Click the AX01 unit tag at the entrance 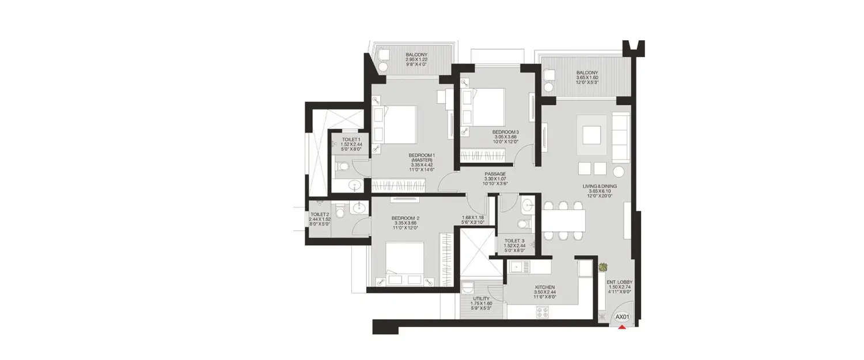coord(622,317)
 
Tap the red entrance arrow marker coord(622,328)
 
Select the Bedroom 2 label coord(405,223)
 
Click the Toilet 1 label coord(351,144)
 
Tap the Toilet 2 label coord(319,219)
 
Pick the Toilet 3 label coord(514,245)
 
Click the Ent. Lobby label coord(619,287)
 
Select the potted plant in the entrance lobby coord(603,267)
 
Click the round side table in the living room coord(619,171)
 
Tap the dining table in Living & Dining coord(563,219)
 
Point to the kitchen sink coord(517,267)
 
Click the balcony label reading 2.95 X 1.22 coord(416,60)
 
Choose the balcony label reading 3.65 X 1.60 coord(586,78)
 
